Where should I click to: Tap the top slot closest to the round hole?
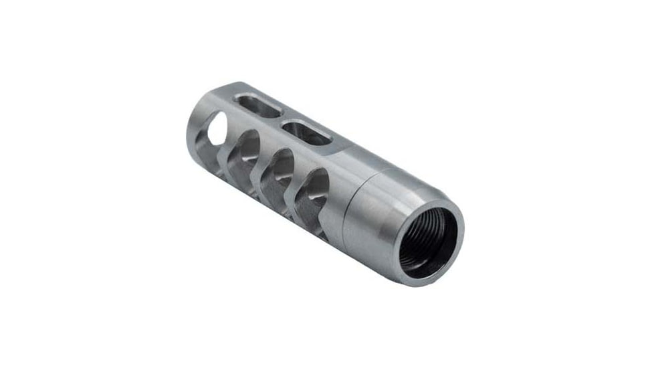tap(258, 106)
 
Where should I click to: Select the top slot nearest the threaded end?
tap(307, 131)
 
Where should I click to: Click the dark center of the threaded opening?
tap(428, 239)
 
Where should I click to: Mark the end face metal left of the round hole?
tap(196, 134)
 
